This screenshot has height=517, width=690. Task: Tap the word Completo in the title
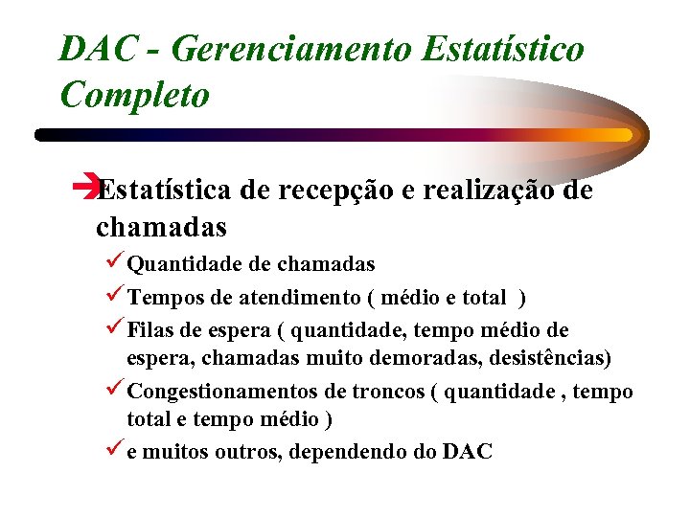pyautogui.click(x=134, y=94)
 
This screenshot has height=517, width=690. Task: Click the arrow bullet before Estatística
pyautogui.click(x=85, y=190)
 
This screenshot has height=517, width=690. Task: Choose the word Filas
pyautogui.click(x=151, y=331)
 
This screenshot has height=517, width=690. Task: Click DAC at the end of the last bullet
pyautogui.click(x=468, y=452)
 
